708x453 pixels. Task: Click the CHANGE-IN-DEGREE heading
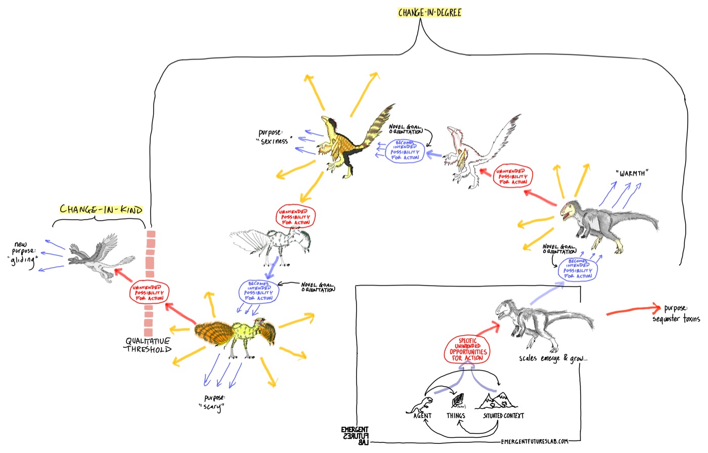(429, 13)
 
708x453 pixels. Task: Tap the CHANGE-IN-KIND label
(101, 209)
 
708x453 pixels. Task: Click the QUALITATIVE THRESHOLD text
(148, 345)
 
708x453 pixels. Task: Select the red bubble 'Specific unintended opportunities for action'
(468, 349)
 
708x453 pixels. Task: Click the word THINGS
(456, 416)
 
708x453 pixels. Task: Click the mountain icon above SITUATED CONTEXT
(498, 400)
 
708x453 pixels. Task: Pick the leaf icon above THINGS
(459, 400)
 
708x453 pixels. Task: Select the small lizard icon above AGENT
(421, 403)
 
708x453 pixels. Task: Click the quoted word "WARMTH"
(632, 174)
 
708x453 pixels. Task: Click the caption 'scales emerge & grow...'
(553, 358)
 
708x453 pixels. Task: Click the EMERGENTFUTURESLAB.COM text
(535, 441)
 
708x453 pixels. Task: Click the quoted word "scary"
(212, 406)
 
